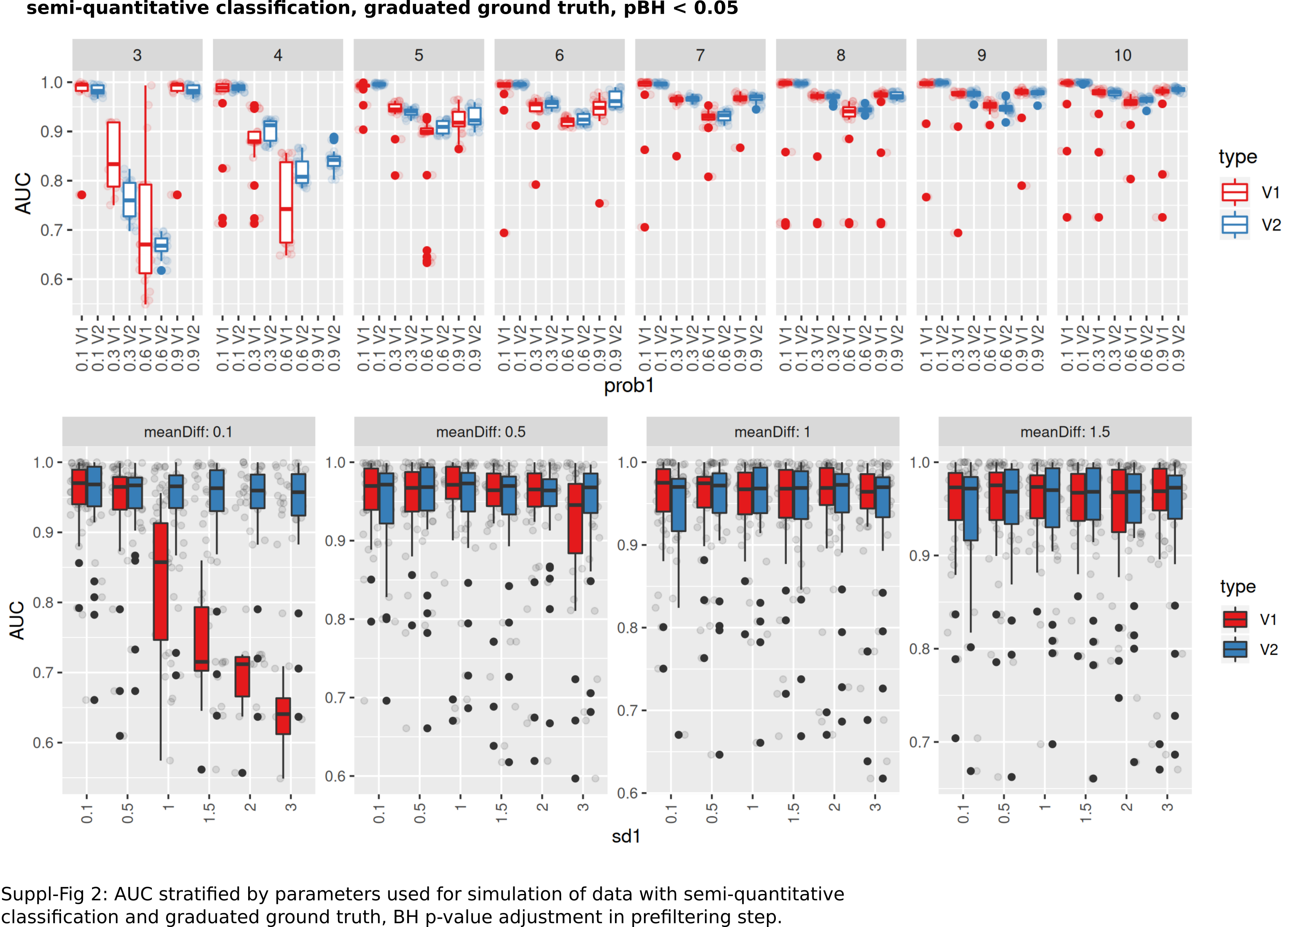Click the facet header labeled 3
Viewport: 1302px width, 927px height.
click(x=137, y=55)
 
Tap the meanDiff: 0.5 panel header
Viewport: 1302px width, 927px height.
click(x=480, y=432)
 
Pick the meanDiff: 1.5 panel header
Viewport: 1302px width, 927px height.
click(x=1065, y=432)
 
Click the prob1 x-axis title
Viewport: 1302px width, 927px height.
click(x=628, y=386)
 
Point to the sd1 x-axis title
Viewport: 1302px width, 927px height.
click(x=626, y=837)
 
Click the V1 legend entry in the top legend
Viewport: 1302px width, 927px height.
click(x=1250, y=192)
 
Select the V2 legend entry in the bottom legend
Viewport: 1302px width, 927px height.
click(x=1250, y=650)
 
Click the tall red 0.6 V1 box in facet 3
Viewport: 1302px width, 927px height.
click(x=146, y=228)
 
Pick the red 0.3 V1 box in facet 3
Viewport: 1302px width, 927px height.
click(x=114, y=154)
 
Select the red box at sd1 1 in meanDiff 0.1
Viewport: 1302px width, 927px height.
click(x=161, y=581)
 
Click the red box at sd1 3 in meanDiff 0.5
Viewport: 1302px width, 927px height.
click(x=575, y=518)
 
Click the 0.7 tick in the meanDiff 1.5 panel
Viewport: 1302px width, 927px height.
click(x=919, y=743)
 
